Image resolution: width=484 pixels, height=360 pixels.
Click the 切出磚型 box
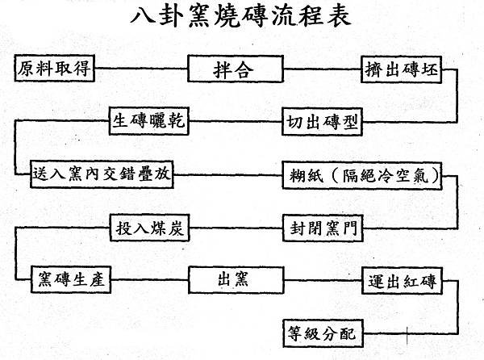[320, 123]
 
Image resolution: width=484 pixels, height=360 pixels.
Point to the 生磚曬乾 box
[149, 123]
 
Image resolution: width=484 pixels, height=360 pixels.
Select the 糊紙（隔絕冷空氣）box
[362, 175]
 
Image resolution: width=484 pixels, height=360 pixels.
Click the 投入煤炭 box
[150, 229]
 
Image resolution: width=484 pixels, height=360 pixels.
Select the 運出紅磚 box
[400, 282]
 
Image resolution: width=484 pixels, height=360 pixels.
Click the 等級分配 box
[320, 333]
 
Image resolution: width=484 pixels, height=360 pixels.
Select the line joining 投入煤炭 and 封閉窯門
[236, 229]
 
